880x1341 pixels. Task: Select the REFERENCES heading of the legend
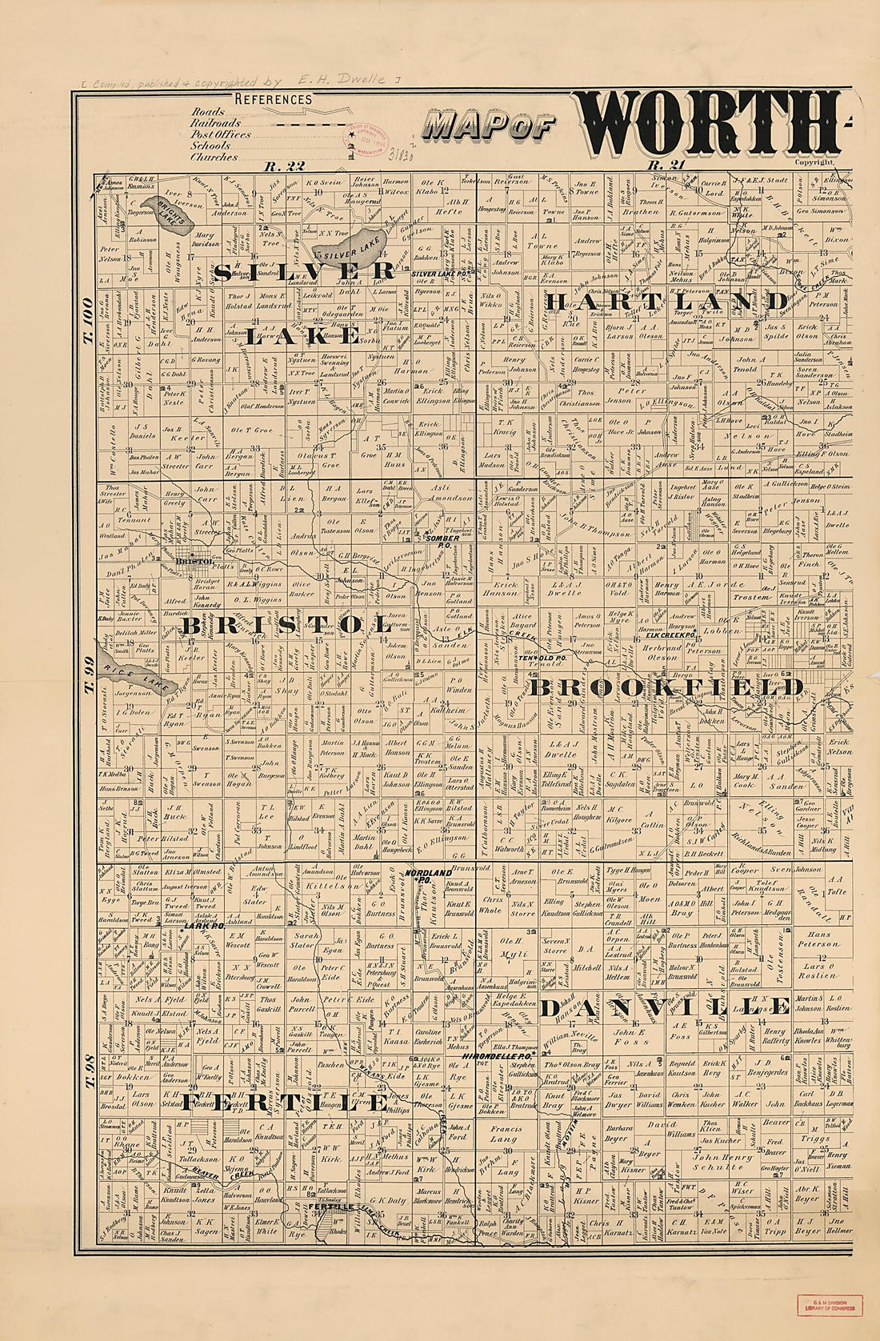point(273,99)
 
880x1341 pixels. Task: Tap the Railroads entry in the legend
point(215,124)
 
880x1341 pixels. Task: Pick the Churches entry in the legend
point(214,158)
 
